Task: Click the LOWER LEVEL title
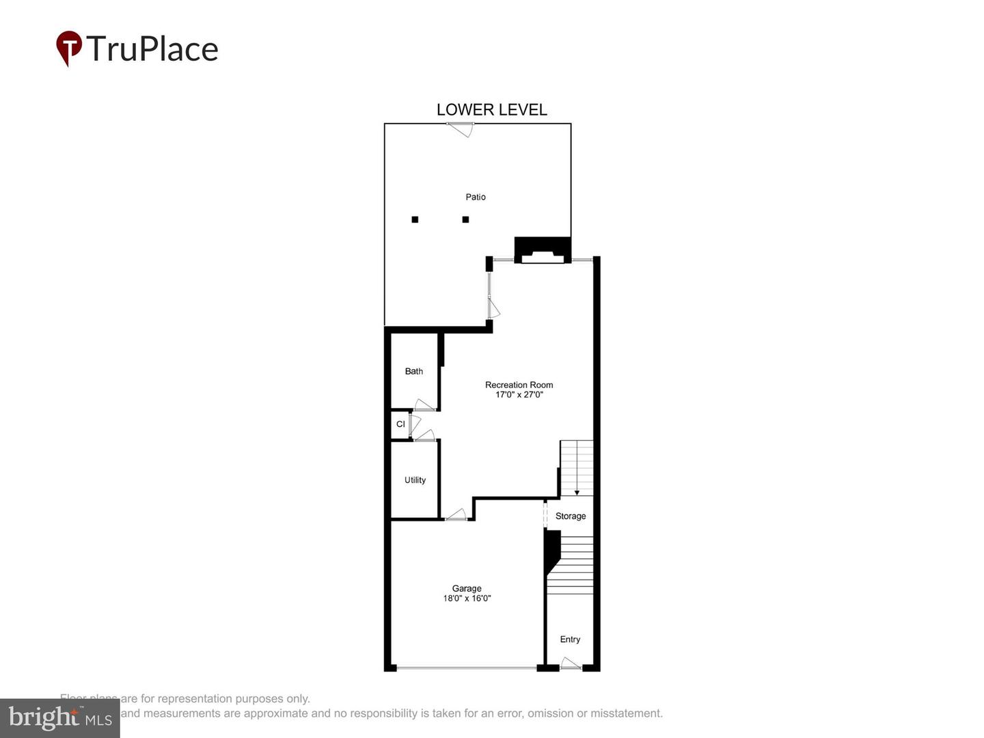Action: coord(491,110)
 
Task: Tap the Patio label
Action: coord(476,197)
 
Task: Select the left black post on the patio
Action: coord(415,219)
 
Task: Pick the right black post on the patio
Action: coord(465,219)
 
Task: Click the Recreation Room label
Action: coord(519,385)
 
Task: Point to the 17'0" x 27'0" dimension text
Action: coord(519,395)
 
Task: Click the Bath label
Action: coord(413,371)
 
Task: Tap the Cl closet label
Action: coord(400,424)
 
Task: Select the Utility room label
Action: coord(415,480)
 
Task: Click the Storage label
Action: coord(571,516)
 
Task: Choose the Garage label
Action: coord(467,588)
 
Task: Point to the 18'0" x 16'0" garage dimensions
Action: coord(467,599)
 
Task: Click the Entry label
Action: coord(570,640)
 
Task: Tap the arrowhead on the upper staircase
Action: coord(577,492)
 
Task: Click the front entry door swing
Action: coord(571,664)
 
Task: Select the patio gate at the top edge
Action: coord(460,128)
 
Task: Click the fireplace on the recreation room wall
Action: coord(543,250)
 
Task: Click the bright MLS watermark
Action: coord(60,718)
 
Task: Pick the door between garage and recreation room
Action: coord(456,515)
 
